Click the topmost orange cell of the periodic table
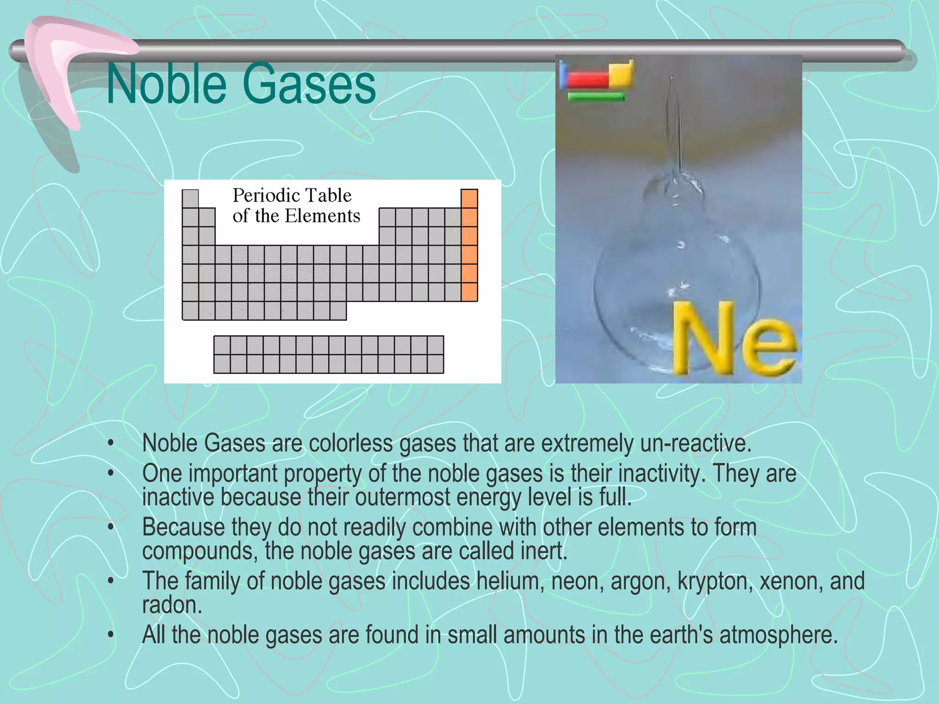(x=469, y=198)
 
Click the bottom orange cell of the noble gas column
(x=469, y=292)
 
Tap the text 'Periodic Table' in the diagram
(x=292, y=196)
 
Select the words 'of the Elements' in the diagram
(x=296, y=216)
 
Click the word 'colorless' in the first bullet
(x=351, y=443)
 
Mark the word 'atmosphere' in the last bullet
(x=777, y=635)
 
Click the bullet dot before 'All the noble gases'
(x=110, y=635)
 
